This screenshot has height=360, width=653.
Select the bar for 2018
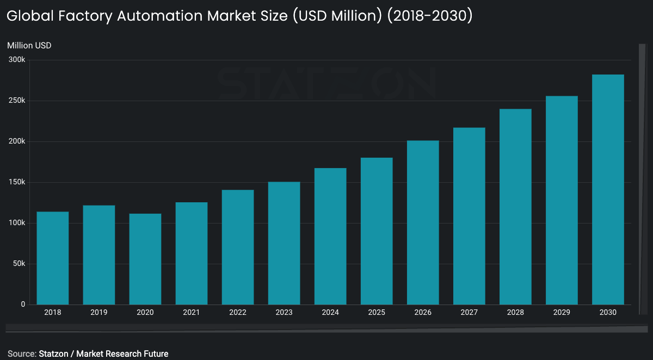52,258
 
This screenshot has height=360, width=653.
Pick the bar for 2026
423,223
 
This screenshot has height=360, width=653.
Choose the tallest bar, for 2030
608,190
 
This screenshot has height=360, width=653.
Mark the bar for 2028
515,207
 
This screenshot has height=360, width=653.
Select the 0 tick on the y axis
23,305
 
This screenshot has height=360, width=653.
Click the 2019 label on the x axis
98,313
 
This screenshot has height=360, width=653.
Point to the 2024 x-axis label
330,313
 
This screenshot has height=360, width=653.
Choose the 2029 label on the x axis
562,313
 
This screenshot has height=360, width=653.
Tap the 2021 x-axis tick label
192,313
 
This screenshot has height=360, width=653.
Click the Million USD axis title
29,46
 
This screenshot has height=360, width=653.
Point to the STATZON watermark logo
326,83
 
